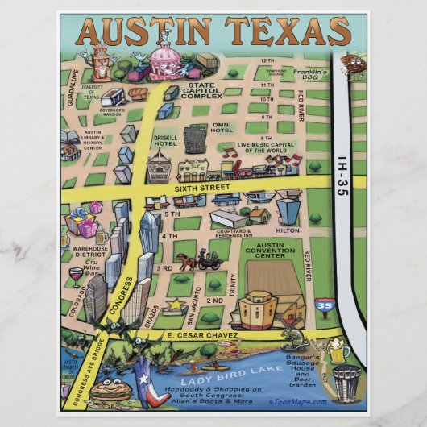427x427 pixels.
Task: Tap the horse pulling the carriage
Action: click(x=188, y=260)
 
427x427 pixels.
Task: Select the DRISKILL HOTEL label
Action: click(x=166, y=143)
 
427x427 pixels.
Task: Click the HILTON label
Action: click(x=286, y=230)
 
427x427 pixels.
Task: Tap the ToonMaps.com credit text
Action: click(x=299, y=402)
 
